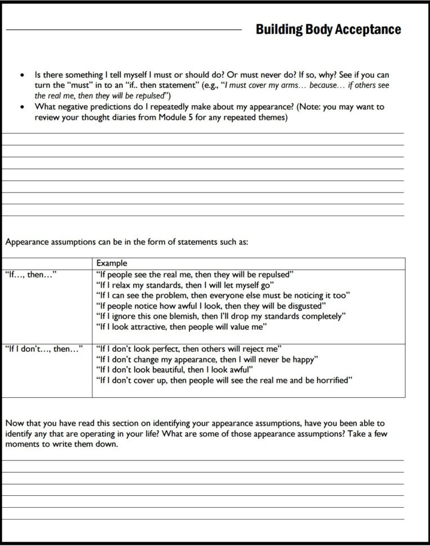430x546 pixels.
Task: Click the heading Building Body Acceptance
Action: pyautogui.click(x=328, y=29)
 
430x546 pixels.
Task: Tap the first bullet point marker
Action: pyautogui.click(x=22, y=75)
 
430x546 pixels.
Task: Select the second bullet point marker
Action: pyautogui.click(x=22, y=106)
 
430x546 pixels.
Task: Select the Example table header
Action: pyautogui.click(x=112, y=263)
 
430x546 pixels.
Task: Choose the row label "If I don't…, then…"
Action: pyautogui.click(x=44, y=348)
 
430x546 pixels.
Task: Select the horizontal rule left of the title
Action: pyautogui.click(x=123, y=29)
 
